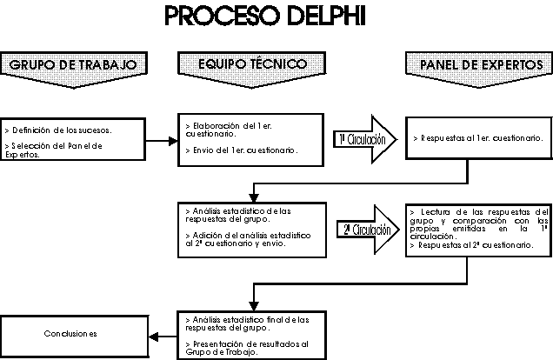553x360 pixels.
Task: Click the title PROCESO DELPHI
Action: (x=276, y=17)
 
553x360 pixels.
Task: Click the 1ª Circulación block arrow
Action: (x=364, y=138)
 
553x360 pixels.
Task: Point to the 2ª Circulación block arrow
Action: (x=364, y=230)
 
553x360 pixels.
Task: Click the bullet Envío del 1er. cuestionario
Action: (x=242, y=150)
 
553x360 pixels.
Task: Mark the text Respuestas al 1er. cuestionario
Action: (x=481, y=137)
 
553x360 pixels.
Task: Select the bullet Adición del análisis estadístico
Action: (x=248, y=239)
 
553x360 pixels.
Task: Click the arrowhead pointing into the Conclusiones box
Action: (x=153, y=335)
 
